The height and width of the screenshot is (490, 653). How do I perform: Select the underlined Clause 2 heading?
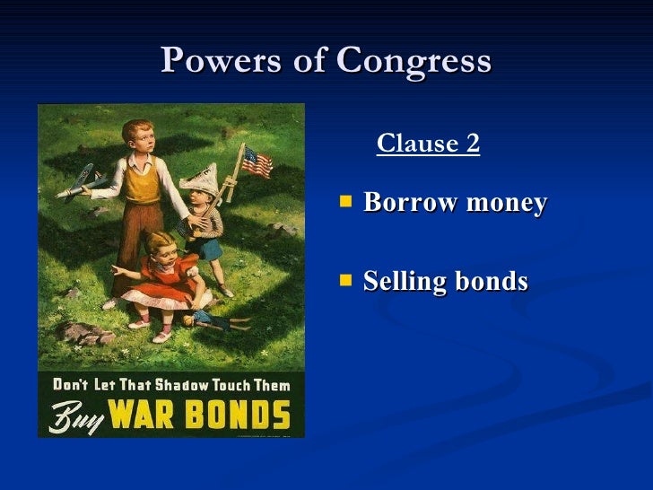[x=428, y=143]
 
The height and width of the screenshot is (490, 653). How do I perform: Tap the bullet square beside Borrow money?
[x=346, y=203]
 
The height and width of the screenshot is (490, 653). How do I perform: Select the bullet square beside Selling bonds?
[x=346, y=281]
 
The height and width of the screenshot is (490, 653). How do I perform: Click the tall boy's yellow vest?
[x=143, y=185]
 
